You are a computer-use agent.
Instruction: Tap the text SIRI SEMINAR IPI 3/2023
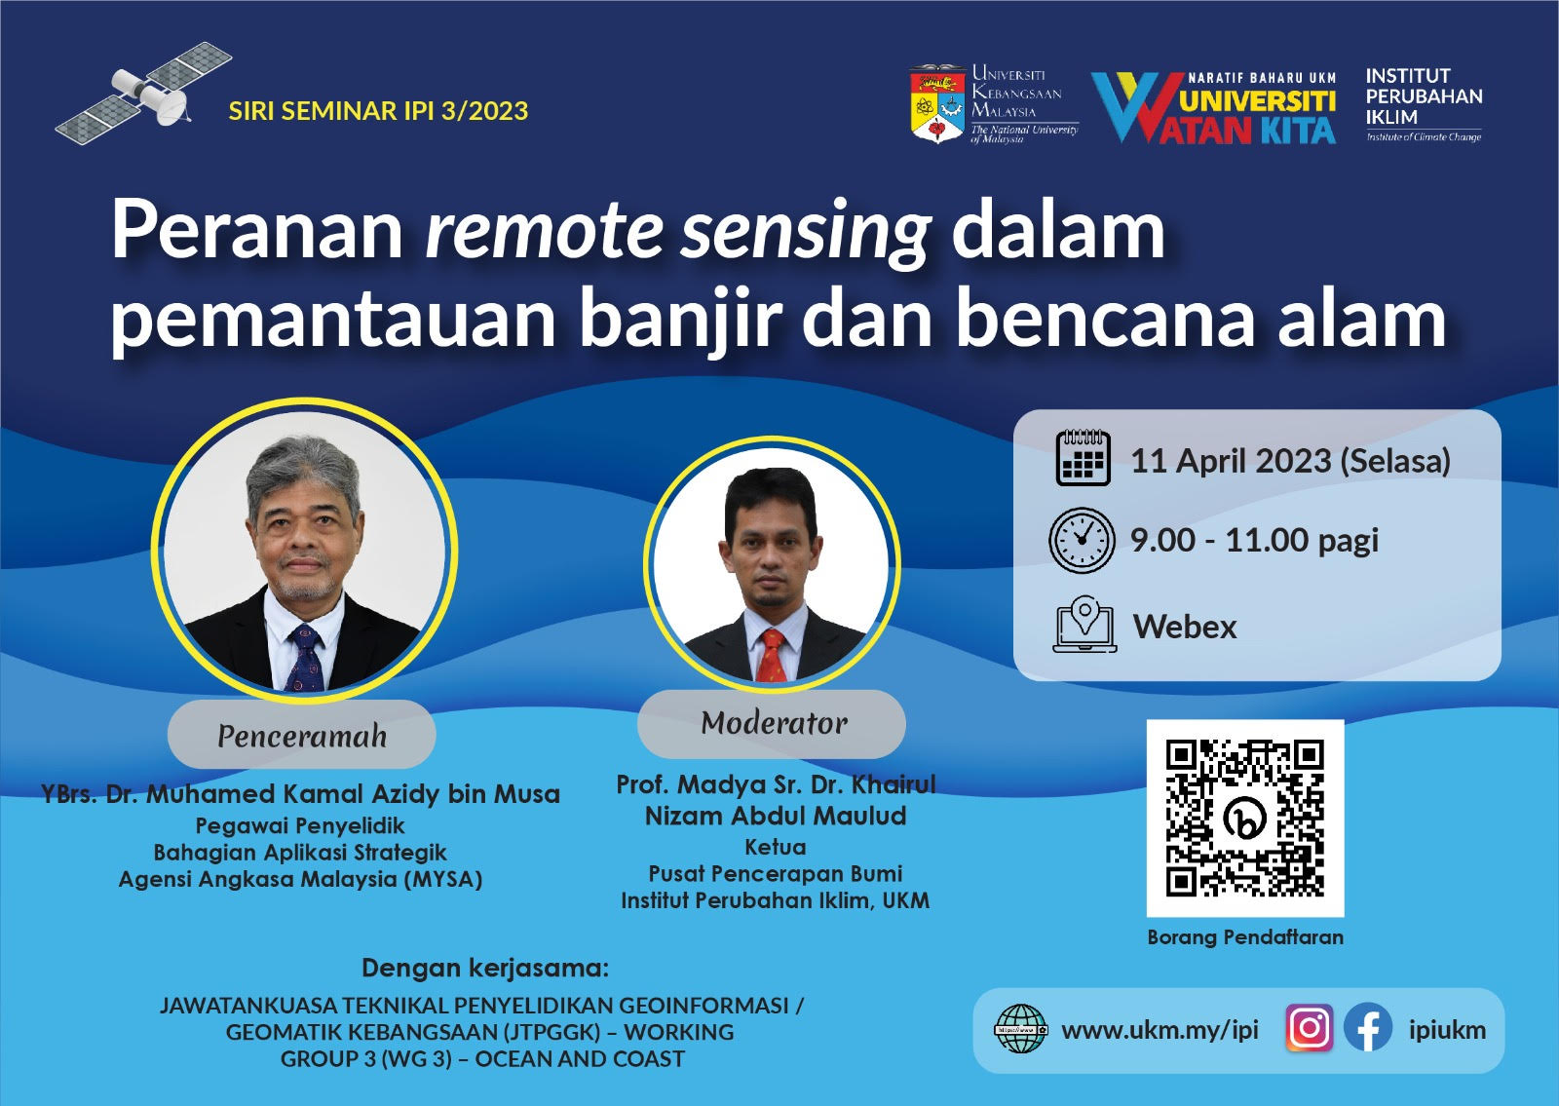tap(379, 111)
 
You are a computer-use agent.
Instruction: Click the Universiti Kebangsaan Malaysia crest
tap(937, 104)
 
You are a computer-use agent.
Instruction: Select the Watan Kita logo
tap(1214, 108)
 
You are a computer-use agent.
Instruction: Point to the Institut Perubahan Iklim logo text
tap(1424, 104)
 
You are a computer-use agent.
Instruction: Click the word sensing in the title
tap(806, 232)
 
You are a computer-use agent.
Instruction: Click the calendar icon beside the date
tap(1083, 457)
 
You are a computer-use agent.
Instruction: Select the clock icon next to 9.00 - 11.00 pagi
tap(1082, 540)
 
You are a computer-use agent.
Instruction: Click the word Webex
tap(1185, 627)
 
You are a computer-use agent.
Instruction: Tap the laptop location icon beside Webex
tap(1084, 624)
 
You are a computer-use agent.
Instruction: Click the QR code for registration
tap(1245, 818)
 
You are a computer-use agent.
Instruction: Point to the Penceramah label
tap(302, 735)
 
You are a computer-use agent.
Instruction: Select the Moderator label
tap(772, 723)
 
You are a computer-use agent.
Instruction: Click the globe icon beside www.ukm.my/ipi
tap(1020, 1028)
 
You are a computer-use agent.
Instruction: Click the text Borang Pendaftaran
tap(1245, 936)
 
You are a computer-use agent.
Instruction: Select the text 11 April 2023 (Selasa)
tap(1290, 461)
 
